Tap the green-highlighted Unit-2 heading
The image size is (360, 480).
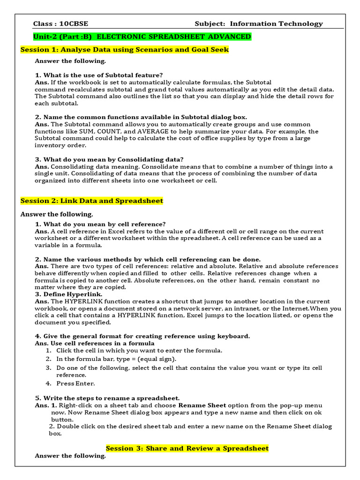coord(142,37)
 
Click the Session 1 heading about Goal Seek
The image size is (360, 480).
coord(125,50)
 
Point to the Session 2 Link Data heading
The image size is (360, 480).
coord(92,201)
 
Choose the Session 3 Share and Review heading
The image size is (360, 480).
coord(187,448)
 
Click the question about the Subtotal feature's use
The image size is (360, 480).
coord(99,75)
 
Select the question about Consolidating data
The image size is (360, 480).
coord(110,159)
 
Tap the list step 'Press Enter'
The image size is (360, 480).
coord(75,383)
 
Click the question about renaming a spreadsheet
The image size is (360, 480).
coord(107,398)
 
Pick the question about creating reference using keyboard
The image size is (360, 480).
coord(142,336)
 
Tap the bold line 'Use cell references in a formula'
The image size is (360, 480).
coord(95,343)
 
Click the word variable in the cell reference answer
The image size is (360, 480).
coord(48,245)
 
